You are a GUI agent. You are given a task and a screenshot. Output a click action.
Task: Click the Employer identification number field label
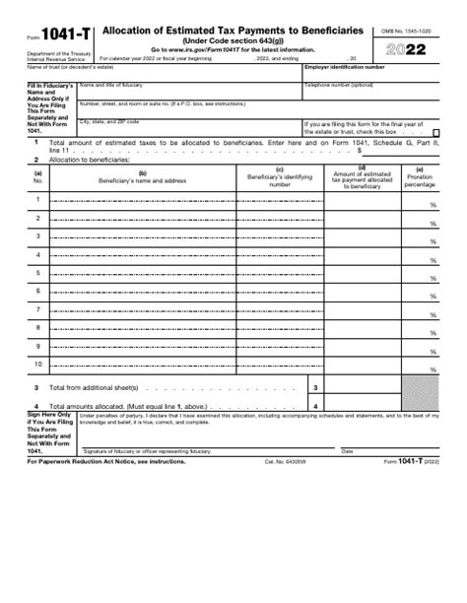[345, 67]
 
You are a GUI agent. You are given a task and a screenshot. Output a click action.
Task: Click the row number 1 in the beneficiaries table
[38, 200]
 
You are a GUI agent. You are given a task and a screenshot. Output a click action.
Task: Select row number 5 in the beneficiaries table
[38, 272]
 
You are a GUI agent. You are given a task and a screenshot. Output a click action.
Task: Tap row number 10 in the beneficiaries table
[38, 364]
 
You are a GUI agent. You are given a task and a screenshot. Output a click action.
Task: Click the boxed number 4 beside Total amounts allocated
[314, 406]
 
